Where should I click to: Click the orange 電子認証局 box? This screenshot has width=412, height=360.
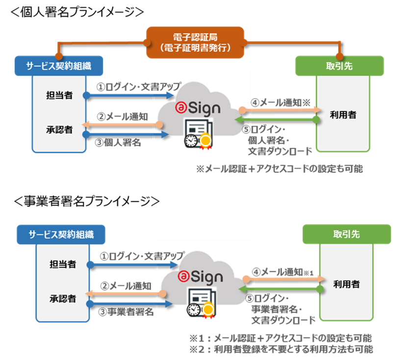coord(195,42)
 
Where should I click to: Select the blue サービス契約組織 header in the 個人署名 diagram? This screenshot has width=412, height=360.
coord(59,66)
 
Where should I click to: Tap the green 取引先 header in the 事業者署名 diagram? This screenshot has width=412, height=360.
coord(347,234)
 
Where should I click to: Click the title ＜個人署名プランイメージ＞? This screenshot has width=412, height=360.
coord(77,12)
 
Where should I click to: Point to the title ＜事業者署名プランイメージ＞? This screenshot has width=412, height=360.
coord(87,201)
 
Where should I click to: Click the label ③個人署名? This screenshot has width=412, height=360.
coord(118,142)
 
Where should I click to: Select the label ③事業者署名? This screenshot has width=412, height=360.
coord(126,311)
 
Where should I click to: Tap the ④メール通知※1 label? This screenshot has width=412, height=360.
coord(283,272)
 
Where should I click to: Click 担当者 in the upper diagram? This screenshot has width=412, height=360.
coord(59,95)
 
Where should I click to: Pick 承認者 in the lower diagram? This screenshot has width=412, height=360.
coord(63,299)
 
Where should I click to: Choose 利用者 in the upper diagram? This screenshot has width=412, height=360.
coord(343,115)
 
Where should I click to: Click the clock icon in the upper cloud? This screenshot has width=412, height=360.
coord(191,141)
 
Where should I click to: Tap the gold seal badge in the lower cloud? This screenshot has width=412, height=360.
coord(208,309)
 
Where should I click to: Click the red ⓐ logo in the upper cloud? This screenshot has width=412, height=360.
coord(181,107)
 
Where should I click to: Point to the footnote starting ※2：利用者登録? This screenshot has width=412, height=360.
coord(281,349)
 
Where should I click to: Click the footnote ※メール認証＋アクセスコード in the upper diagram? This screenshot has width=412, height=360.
coord(279,169)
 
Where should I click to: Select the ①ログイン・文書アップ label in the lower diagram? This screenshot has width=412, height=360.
coord(142,256)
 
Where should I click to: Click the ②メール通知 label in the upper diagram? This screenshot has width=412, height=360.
coord(123,116)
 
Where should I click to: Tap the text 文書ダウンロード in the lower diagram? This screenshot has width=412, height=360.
coord(283,320)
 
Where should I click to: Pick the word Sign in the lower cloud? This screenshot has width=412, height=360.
coord(207,277)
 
